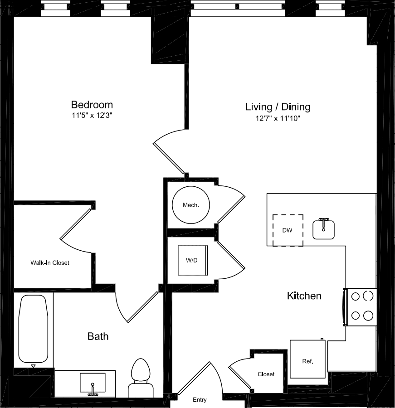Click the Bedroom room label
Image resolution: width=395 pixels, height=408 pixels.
pyautogui.click(x=92, y=105)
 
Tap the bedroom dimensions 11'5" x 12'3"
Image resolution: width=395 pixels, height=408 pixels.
pyautogui.click(x=92, y=115)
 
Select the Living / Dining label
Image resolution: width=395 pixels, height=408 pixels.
pyautogui.click(x=278, y=107)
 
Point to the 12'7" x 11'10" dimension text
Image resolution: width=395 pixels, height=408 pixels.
pyautogui.click(x=278, y=118)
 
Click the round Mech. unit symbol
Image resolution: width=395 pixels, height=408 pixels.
pyautogui.click(x=191, y=205)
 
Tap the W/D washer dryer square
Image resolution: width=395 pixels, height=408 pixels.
pyautogui.click(x=193, y=260)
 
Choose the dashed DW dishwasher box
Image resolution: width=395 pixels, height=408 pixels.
pyautogui.click(x=288, y=230)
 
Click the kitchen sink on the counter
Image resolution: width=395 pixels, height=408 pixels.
pyautogui.click(x=323, y=229)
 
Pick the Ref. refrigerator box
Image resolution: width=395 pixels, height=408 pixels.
pyautogui.click(x=307, y=359)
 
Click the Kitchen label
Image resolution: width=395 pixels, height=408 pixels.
pyautogui.click(x=304, y=296)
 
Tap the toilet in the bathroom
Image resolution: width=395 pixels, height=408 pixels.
pyautogui.click(x=141, y=377)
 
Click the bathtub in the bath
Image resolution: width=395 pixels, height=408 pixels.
pyautogui.click(x=33, y=329)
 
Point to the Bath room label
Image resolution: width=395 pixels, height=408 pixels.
pyautogui.click(x=98, y=336)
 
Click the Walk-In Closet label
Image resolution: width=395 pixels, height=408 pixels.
pyautogui.click(x=50, y=262)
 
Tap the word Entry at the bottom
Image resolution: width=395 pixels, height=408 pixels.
pyautogui.click(x=200, y=399)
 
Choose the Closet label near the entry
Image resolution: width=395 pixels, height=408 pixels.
pyautogui.click(x=266, y=374)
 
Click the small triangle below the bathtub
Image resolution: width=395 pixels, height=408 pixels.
pyautogui.click(x=33, y=366)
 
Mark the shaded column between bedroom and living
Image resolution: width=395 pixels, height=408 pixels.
pyautogui.click(x=170, y=39)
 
